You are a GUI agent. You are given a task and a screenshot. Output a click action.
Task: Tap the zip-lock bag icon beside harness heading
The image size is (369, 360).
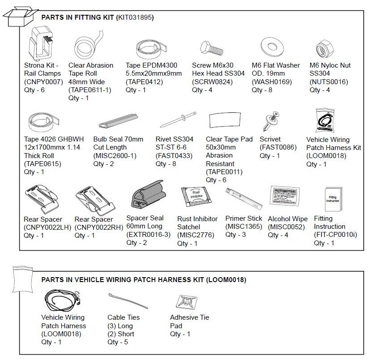click(x=21, y=279)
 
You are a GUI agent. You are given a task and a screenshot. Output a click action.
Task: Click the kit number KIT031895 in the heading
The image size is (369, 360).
click(x=134, y=18)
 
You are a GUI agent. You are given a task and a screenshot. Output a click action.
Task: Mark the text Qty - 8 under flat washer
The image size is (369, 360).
click(x=262, y=90)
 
